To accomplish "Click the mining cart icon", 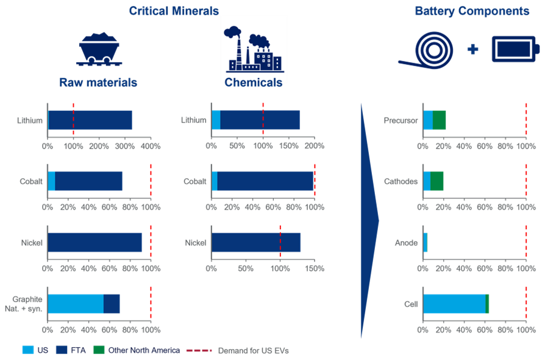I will coord(98,48).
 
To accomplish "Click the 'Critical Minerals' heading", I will coord(173,10).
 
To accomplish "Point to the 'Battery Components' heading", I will coord(471,10).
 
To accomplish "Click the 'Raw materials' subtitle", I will coord(98,82).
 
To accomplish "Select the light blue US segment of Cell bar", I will coord(454,303).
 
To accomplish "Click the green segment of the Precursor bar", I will coord(440,120).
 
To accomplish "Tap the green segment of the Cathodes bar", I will coord(437,181).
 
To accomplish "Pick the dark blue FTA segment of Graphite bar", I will coord(112,303).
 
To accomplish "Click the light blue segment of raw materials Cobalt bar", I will coord(51,181).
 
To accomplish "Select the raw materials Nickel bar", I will coord(95,242).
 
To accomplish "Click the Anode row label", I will coord(406,243).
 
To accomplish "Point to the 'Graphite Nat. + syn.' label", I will coord(27,303).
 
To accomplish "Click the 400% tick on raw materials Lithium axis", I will coord(151,146).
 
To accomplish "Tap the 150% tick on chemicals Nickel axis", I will coord(315,268).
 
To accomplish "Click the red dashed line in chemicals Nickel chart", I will coord(280,242).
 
